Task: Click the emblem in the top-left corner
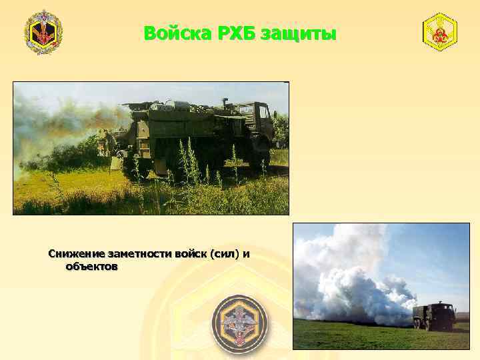pyautogui.click(x=43, y=32)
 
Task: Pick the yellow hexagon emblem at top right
pyautogui.click(x=440, y=32)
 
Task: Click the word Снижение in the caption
pyautogui.click(x=76, y=255)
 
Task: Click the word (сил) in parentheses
pyautogui.click(x=224, y=255)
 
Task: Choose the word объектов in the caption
pyautogui.click(x=92, y=267)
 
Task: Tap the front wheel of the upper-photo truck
pyautogui.click(x=261, y=158)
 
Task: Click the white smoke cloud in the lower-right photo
pyautogui.click(x=347, y=280)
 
